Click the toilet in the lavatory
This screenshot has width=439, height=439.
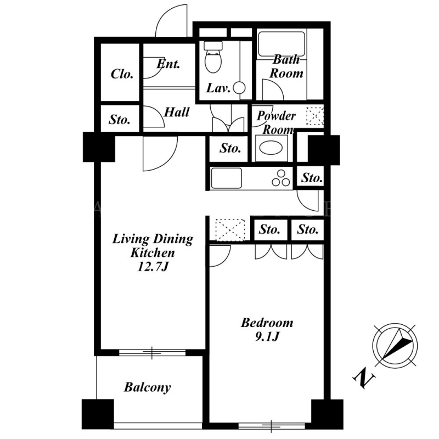coord(213,57)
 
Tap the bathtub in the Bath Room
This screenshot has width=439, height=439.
coord(282,44)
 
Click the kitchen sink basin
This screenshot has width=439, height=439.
coord(227,178)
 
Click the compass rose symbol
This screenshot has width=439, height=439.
coord(395,345)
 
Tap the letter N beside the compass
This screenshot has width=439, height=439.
coord(363,379)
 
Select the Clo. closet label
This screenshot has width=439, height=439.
coord(122,74)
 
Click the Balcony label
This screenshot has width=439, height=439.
coord(147,387)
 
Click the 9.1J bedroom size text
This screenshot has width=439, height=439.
coord(267,336)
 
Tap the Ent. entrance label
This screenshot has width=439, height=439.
coord(168,64)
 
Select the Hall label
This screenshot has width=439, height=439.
coord(177,112)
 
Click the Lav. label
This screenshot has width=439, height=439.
coord(218,88)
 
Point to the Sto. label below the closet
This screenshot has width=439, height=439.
coord(120,120)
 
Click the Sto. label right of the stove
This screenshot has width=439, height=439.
coord(311,178)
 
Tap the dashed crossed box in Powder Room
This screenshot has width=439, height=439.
coord(315,116)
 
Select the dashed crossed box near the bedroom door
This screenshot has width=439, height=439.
coord(230,230)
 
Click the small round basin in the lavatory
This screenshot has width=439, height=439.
coord(239,88)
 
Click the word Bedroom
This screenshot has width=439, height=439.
coord(267,323)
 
